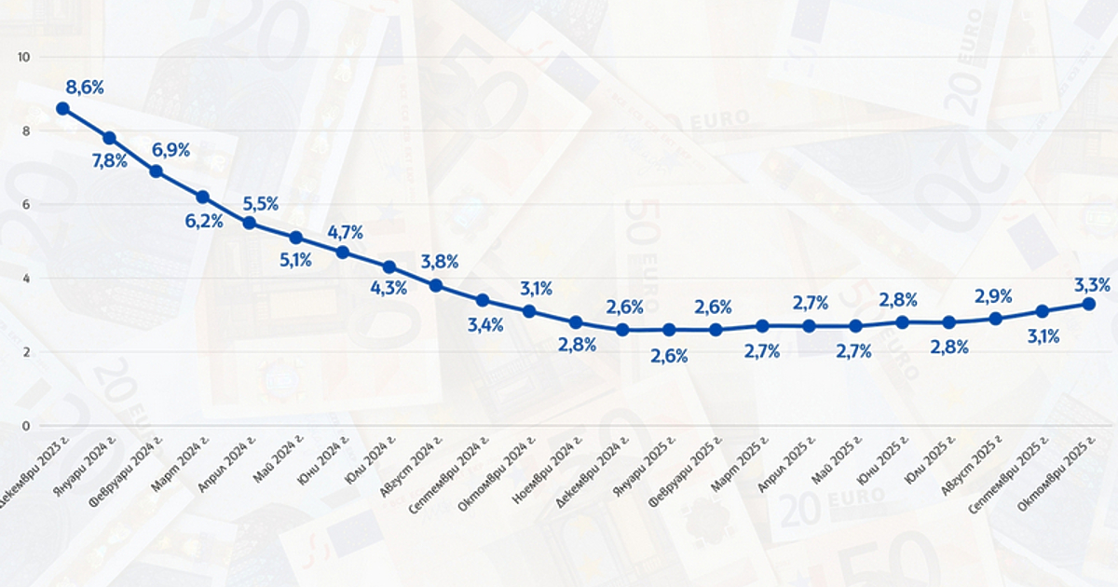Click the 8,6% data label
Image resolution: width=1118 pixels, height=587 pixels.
tap(85, 88)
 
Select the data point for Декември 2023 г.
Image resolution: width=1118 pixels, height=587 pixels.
tap(62, 108)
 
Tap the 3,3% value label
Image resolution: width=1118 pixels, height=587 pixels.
tap(1092, 285)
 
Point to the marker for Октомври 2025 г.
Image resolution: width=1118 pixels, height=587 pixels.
tap(1088, 304)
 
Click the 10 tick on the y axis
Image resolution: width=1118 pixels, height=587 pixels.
tap(24, 57)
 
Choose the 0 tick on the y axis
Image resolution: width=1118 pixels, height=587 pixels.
tap(27, 426)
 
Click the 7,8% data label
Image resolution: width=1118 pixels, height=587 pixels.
tap(109, 160)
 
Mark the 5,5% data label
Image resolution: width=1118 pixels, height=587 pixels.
tap(261, 203)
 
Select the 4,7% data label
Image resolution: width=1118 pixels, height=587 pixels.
tap(345, 233)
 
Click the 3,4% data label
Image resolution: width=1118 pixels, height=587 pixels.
tap(484, 324)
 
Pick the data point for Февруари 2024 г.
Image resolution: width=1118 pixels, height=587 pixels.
tap(156, 171)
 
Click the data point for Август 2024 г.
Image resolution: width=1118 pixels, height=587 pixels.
tap(436, 285)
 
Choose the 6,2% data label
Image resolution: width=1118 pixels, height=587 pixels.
tap(203, 221)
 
